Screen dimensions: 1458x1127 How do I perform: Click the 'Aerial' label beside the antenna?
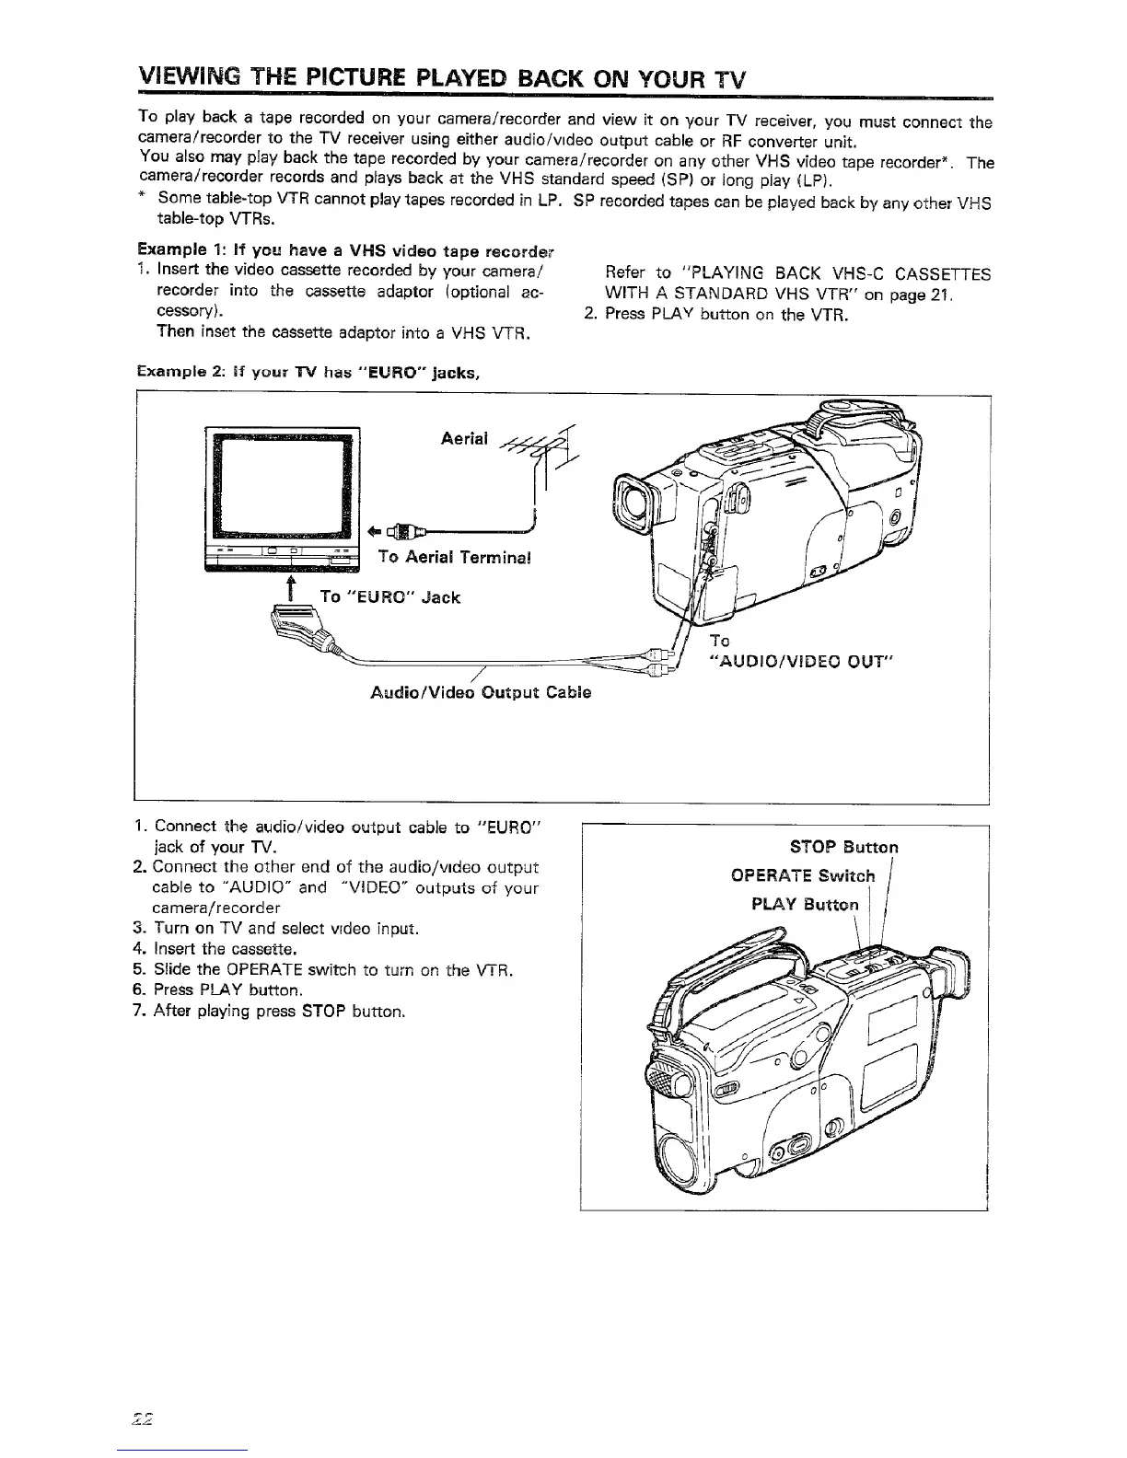click(x=464, y=438)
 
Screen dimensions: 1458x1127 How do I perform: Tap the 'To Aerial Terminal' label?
click(x=455, y=558)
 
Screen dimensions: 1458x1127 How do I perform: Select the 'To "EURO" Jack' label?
click(x=389, y=597)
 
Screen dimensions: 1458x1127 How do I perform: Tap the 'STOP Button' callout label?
click(x=844, y=847)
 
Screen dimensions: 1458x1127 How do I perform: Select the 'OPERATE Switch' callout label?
click(x=803, y=875)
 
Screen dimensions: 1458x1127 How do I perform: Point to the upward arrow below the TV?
click(x=291, y=590)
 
